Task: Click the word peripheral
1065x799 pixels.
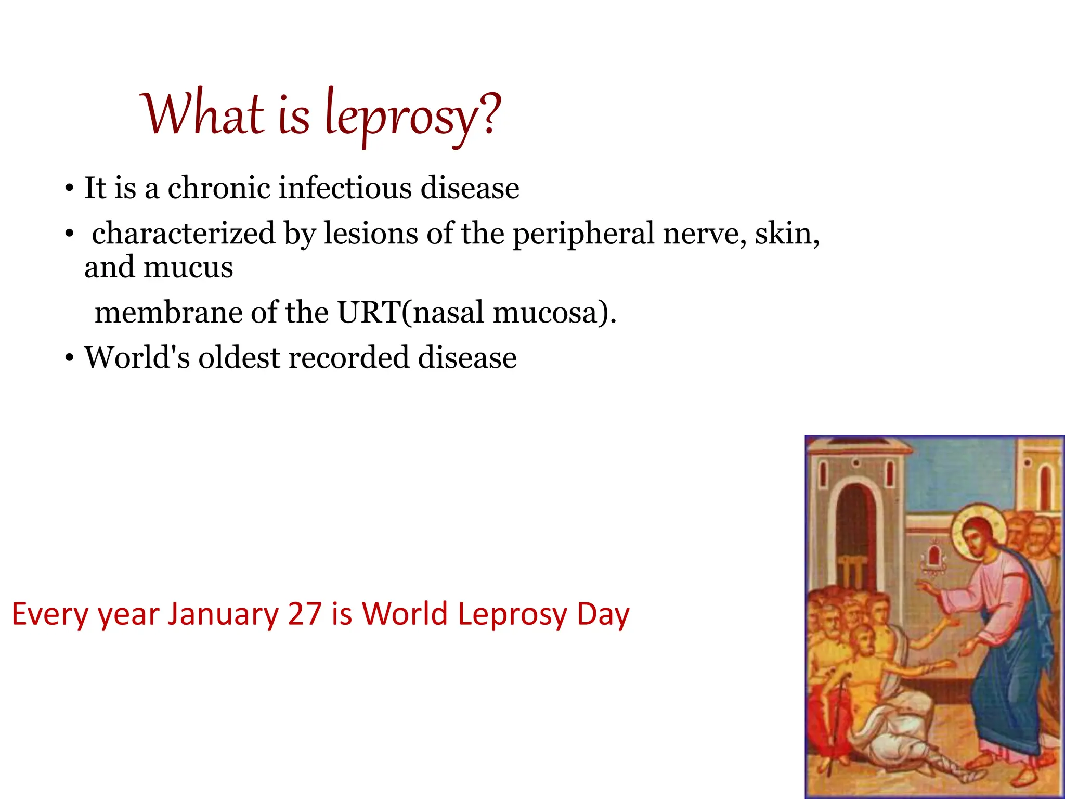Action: [583, 234]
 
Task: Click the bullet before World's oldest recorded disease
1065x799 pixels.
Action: [69, 359]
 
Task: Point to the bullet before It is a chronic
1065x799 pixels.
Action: [69, 189]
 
